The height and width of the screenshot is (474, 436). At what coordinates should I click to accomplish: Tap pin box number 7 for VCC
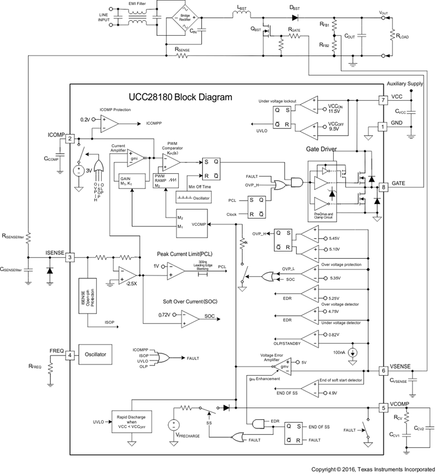(383, 101)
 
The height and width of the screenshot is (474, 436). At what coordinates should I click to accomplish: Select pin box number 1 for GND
(383, 126)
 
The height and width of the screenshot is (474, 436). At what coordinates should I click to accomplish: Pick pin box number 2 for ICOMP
(70, 139)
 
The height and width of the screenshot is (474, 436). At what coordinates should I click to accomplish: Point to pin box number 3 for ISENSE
(70, 257)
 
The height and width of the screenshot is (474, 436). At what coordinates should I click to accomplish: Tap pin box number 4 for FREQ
(70, 354)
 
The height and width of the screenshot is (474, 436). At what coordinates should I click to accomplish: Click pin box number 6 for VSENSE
(383, 370)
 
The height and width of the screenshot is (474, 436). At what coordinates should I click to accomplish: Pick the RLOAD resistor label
(401, 35)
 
